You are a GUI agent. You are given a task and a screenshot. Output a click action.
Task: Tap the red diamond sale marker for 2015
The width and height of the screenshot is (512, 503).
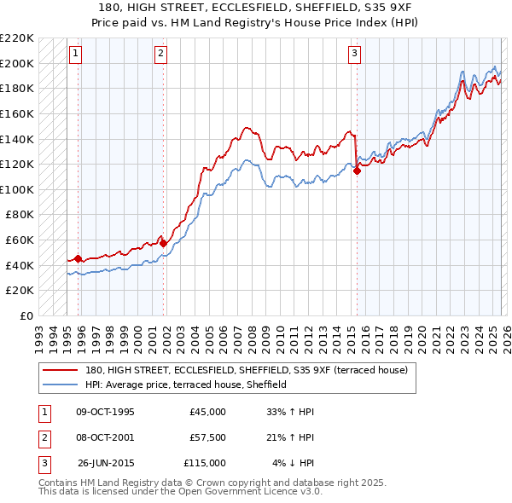coord(357,171)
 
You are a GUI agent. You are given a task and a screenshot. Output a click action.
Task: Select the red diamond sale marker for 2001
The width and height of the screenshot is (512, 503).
coord(164,243)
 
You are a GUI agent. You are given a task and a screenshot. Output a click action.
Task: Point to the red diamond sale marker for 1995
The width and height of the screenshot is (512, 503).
coord(78,258)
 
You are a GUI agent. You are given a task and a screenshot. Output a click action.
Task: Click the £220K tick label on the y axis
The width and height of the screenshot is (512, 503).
coord(17,38)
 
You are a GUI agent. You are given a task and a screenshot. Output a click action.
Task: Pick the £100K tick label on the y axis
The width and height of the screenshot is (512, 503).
coord(17,189)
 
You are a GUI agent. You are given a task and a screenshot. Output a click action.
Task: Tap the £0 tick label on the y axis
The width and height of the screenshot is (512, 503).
coord(25,315)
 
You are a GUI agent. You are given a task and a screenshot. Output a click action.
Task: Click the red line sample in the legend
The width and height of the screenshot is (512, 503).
coord(59,370)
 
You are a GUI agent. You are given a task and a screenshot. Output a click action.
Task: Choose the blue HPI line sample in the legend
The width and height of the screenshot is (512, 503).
coord(59,384)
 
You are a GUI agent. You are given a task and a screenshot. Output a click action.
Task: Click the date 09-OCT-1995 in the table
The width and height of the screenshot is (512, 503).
coord(105,412)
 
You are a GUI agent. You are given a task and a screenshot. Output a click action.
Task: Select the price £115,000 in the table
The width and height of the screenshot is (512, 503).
coord(205,463)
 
